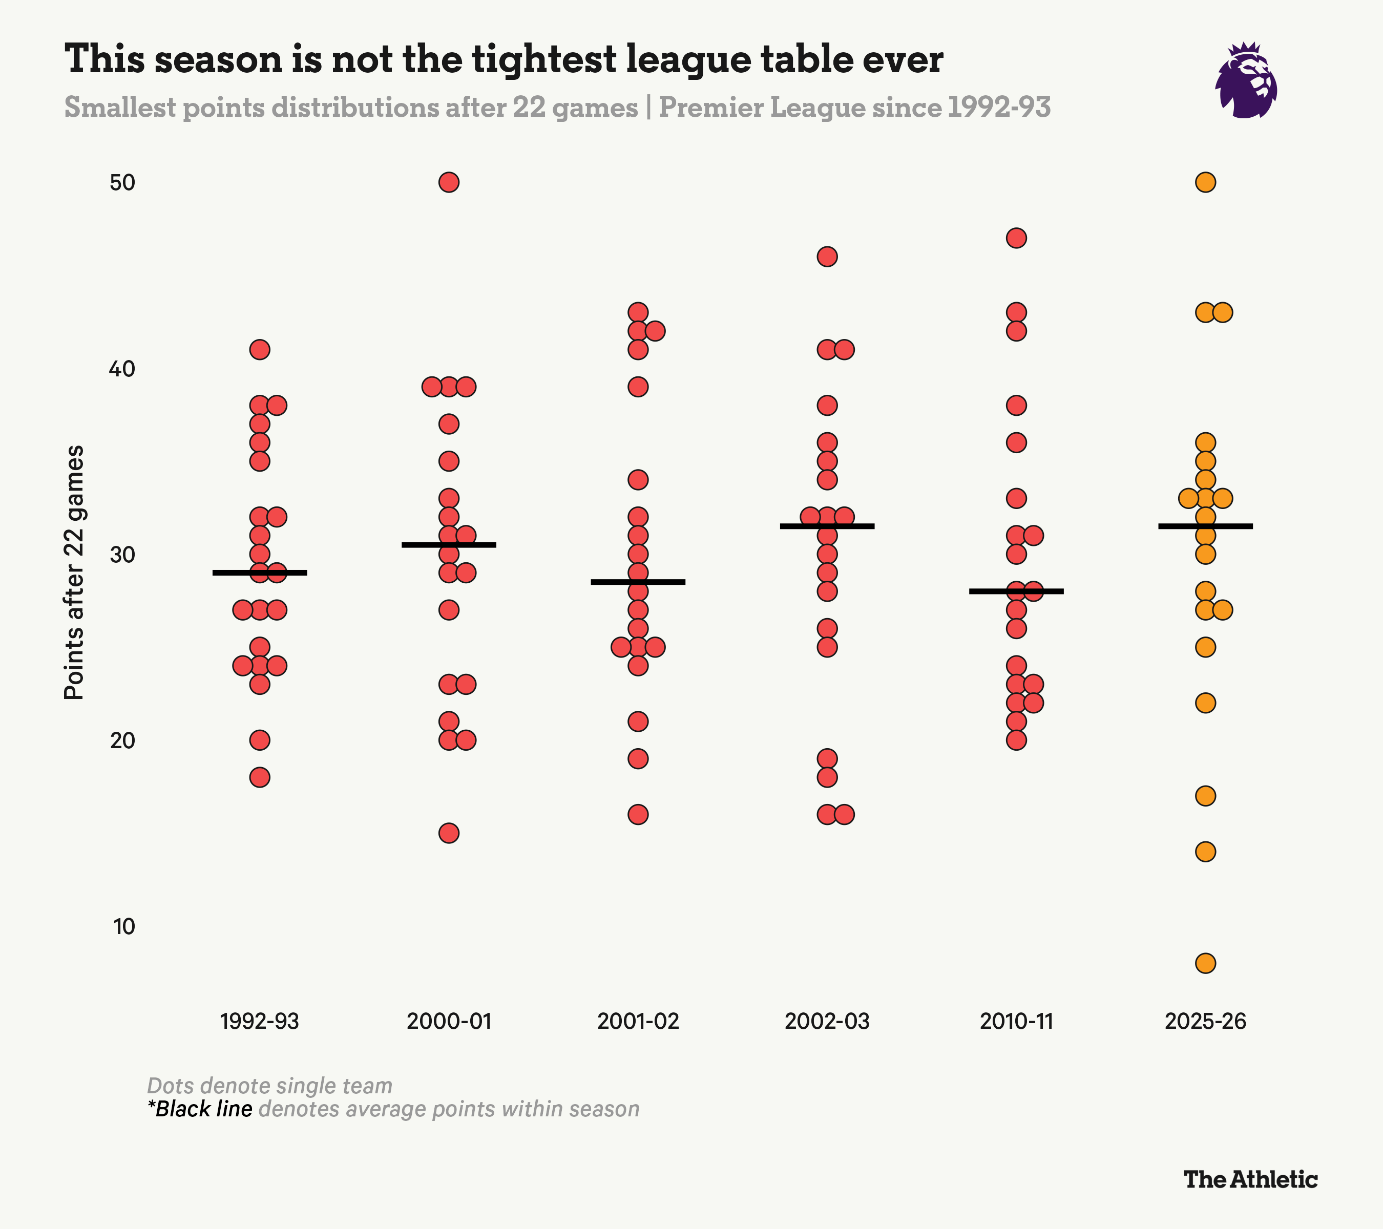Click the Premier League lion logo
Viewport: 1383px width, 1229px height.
tap(1246, 81)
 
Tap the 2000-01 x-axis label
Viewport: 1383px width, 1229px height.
tap(449, 1021)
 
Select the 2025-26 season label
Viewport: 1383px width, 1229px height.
tap(1205, 1021)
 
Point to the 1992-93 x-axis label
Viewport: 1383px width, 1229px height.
tap(259, 1021)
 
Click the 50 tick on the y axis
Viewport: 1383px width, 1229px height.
tap(122, 183)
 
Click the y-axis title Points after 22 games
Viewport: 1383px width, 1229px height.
tap(74, 572)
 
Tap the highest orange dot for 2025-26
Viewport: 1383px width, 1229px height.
tap(1206, 183)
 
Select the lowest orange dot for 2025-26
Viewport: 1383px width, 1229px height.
tap(1206, 963)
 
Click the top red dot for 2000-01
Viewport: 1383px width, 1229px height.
tap(449, 183)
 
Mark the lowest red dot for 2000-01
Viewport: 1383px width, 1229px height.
tap(449, 833)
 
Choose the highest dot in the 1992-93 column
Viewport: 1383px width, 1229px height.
tap(260, 350)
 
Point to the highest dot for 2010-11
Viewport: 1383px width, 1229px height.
tap(1016, 238)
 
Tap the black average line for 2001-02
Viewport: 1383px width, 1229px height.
tap(638, 582)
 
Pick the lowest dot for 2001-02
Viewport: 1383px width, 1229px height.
tap(638, 814)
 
